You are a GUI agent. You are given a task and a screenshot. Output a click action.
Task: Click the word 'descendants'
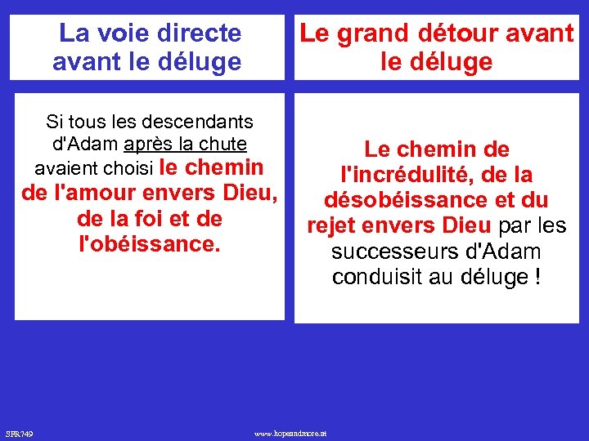(198, 122)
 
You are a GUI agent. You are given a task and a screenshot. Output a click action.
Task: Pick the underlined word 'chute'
(223, 145)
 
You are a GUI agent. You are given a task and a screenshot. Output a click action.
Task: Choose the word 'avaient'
(66, 168)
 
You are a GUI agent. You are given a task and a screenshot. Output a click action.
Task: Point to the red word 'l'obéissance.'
(149, 243)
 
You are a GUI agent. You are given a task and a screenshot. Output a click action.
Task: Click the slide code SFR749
(19, 432)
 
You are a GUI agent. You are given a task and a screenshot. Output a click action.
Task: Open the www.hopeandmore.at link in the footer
(290, 432)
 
